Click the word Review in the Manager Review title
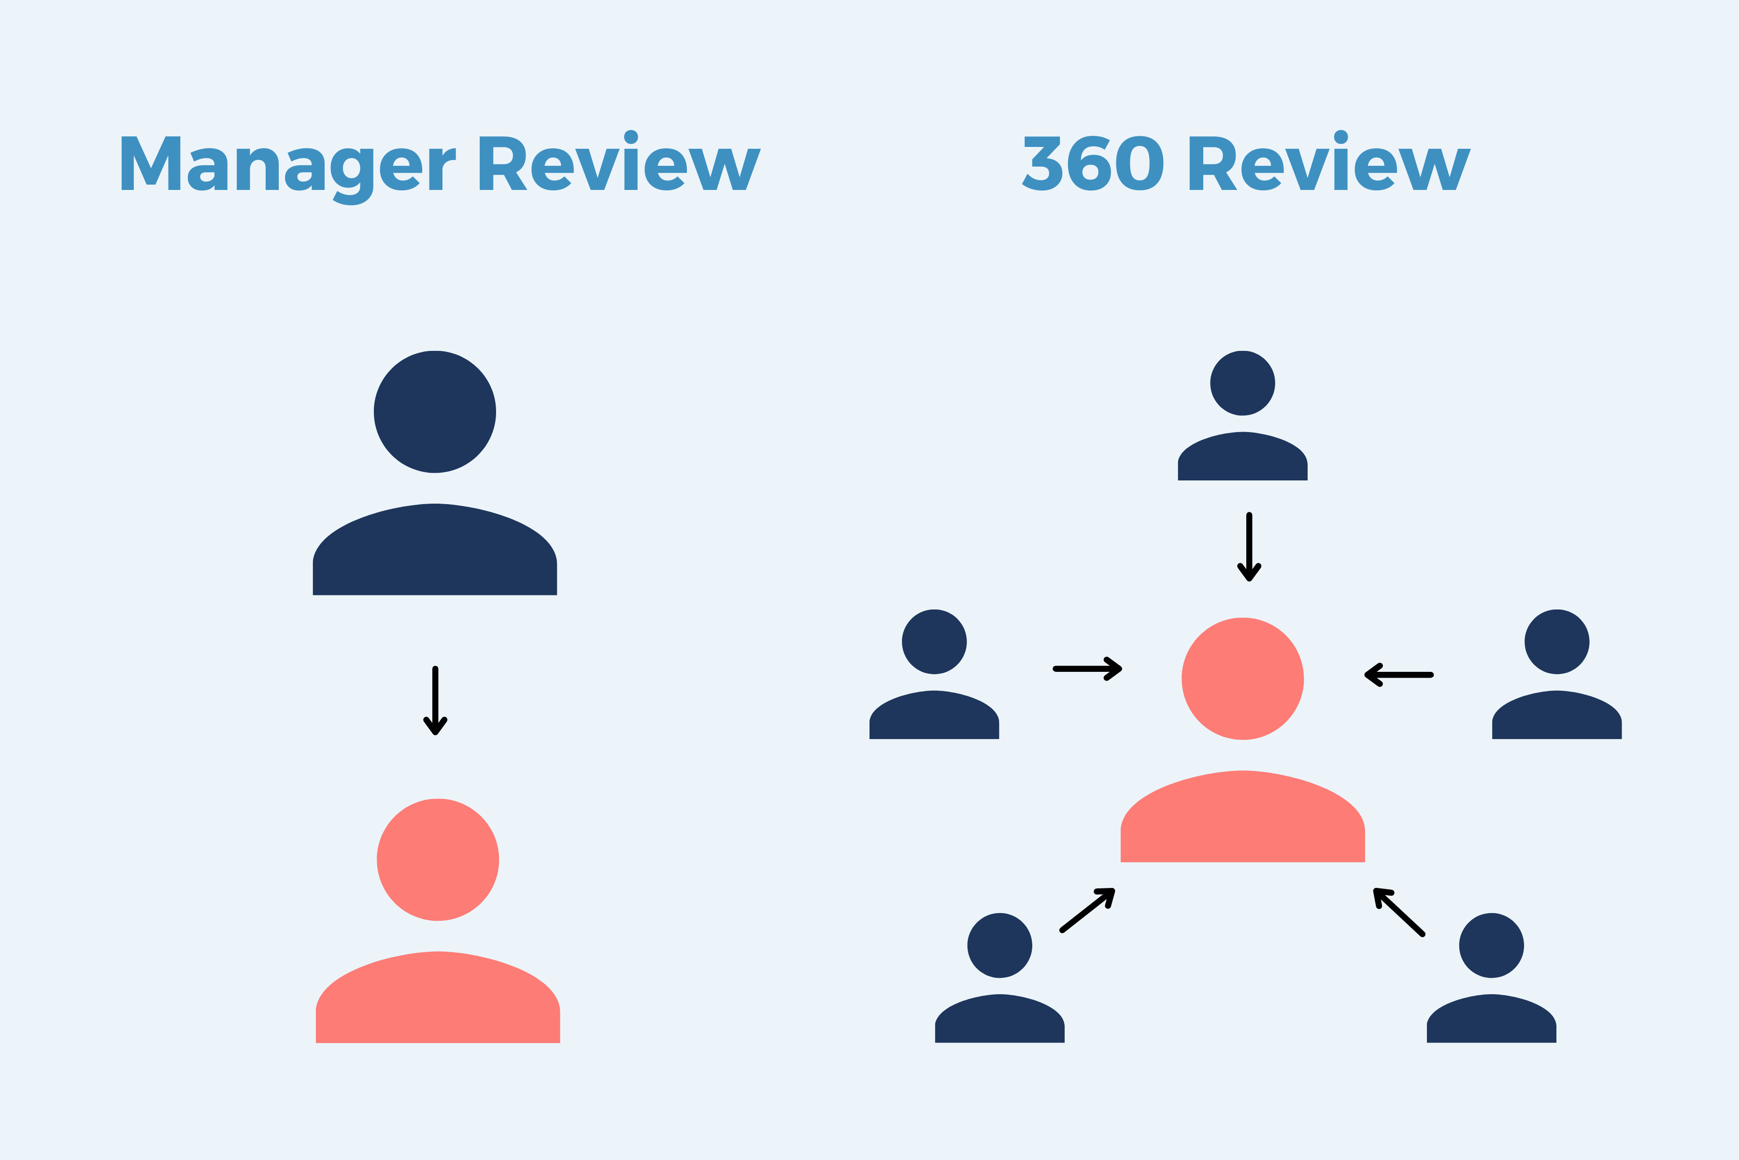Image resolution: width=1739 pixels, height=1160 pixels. (x=620, y=164)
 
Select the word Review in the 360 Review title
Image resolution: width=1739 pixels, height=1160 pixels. (x=1329, y=164)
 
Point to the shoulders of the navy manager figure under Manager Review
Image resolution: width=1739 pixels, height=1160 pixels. (x=435, y=553)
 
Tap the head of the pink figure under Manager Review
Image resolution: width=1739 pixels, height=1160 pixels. (x=438, y=860)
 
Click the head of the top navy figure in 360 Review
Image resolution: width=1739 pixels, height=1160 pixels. (x=1242, y=383)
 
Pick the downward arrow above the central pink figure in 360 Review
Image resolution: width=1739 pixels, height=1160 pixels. (x=1249, y=548)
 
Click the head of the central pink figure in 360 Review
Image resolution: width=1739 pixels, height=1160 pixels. (x=1242, y=679)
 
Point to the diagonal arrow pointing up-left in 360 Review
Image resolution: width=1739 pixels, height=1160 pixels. (x=1399, y=912)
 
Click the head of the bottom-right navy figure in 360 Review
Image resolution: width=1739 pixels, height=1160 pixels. (x=1491, y=945)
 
